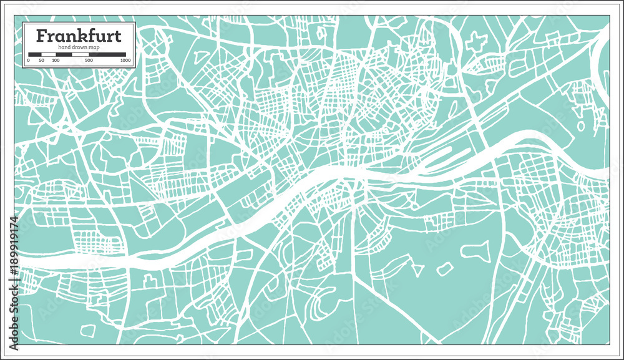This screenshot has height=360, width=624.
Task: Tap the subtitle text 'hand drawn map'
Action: click(78, 47)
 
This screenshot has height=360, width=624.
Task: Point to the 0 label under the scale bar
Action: click(29, 61)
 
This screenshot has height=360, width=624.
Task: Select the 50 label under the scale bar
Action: click(41, 61)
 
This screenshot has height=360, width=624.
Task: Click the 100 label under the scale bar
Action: click(56, 61)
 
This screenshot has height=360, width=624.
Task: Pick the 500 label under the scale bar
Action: click(89, 61)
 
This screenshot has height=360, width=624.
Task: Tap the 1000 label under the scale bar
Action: click(125, 61)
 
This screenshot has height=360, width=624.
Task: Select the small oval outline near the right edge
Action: click(581, 125)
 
